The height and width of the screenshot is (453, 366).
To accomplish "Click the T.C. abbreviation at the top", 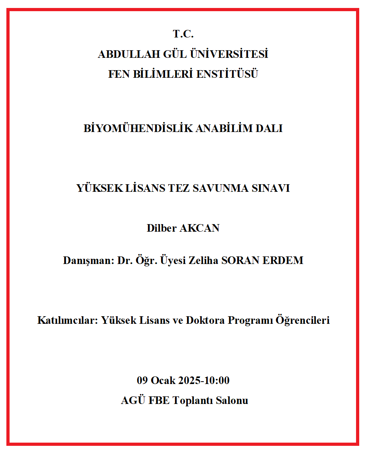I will (183, 34).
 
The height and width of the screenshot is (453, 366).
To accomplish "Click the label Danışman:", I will (89, 261).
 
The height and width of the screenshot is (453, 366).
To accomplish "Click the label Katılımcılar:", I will (67, 321).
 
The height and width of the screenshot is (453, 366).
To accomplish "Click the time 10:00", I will (217, 381).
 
